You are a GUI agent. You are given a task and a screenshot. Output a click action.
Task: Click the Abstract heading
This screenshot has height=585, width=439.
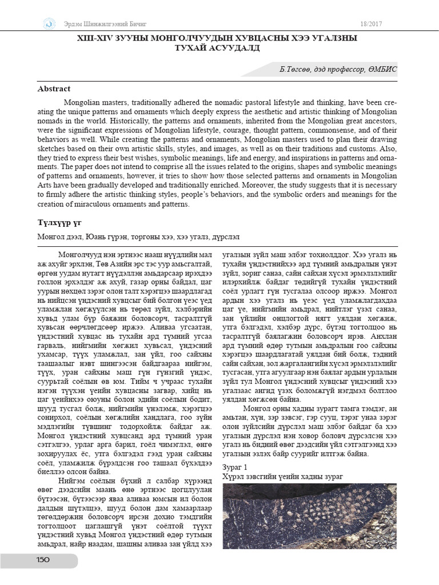click(54, 89)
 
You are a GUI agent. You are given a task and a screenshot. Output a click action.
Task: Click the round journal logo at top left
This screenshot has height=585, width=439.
click(49, 23)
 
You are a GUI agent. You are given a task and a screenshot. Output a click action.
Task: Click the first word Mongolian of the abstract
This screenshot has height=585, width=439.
click(80, 101)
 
